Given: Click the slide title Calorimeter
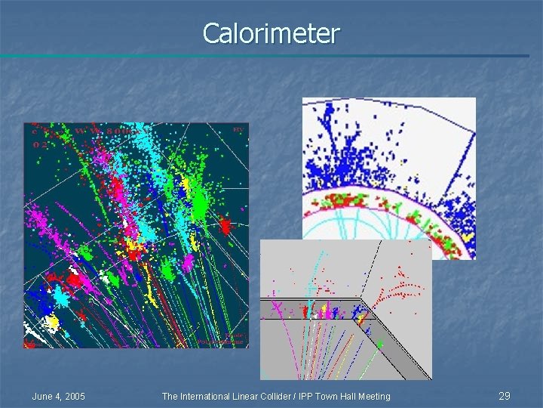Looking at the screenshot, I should tap(271, 33).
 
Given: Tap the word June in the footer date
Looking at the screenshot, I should tap(43, 397).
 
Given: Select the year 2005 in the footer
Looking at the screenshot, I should tap(73, 397).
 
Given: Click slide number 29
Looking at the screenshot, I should tap(505, 396).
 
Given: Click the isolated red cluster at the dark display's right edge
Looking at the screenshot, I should tap(225, 225).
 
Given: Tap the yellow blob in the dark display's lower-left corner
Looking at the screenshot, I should tap(51, 323).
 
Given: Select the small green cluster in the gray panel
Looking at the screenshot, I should tap(379, 344).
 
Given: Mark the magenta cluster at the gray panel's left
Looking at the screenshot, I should tap(275, 308).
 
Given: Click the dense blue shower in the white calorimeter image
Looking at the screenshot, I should tap(332, 162).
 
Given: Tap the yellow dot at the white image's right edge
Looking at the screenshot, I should tap(468, 236).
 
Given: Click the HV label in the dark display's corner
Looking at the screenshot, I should tap(238, 130).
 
